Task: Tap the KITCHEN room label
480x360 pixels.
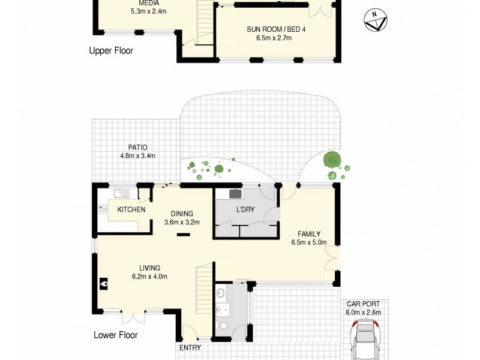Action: coord(131,209)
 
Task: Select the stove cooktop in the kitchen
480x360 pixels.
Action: coord(103,209)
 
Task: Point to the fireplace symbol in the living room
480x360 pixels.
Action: coord(104,284)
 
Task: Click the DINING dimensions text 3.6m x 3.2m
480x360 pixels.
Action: coord(182,222)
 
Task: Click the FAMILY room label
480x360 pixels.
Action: coord(309,234)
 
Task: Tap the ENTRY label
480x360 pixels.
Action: coord(190,347)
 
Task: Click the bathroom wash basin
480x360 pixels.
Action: coord(221,293)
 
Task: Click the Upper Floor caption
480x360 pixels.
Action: coord(111,51)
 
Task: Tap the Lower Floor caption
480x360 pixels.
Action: coord(116,335)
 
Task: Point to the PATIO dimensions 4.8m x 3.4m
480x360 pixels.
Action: coord(137,157)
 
